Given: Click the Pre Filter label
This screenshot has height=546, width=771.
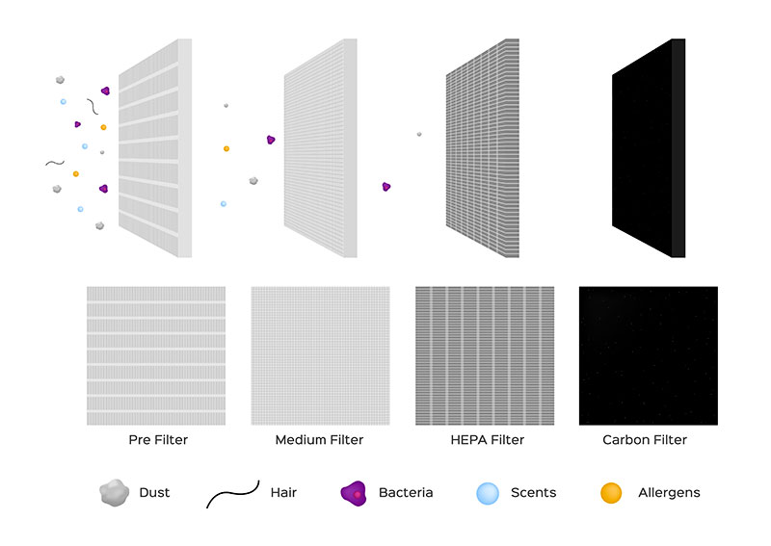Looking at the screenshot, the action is (x=158, y=440).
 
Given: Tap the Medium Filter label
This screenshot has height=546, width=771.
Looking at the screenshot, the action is (x=319, y=440).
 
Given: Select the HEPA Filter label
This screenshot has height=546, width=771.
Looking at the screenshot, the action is (x=488, y=440).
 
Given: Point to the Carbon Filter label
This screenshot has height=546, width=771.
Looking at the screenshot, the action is (x=645, y=440).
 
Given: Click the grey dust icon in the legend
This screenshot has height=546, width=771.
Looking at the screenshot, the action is (x=114, y=492).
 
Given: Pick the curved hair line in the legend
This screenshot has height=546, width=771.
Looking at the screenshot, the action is (x=232, y=493).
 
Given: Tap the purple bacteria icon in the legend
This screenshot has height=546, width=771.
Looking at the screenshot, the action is (x=354, y=493).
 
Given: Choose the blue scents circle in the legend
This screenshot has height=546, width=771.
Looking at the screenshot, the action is (x=488, y=493).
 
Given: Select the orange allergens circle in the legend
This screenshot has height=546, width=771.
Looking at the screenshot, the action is (x=611, y=493).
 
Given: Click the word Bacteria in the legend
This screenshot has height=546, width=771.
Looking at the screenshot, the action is (x=406, y=492).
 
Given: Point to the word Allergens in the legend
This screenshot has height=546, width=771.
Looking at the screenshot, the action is (x=669, y=493).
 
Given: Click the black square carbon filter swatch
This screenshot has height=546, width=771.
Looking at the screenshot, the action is (x=648, y=355).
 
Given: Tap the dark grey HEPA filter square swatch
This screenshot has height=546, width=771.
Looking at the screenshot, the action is (x=485, y=355).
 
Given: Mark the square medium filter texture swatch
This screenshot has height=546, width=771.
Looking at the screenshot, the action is (x=321, y=355).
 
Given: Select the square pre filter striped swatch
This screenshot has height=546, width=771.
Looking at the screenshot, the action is (x=156, y=355).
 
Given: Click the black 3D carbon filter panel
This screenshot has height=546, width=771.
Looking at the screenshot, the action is (x=649, y=148).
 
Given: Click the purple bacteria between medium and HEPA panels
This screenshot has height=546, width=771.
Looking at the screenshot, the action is (x=386, y=187).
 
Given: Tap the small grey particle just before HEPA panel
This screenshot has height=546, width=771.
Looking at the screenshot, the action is (x=419, y=134).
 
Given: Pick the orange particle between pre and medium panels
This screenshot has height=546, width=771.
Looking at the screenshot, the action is (x=226, y=148).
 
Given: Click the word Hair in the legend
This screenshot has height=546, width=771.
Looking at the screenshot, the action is (x=283, y=492).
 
